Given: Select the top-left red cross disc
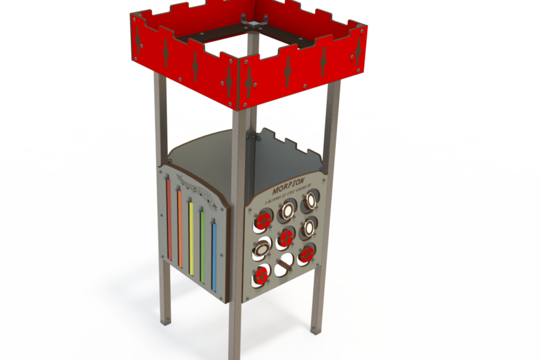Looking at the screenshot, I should point(263,220).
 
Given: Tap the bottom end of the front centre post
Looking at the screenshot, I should point(235,355).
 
